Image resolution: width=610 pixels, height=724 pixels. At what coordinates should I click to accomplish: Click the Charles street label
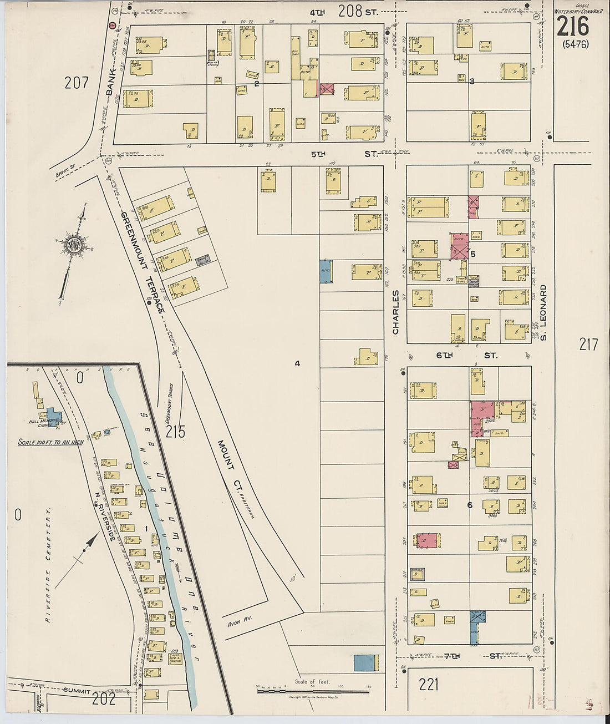[x=396, y=312]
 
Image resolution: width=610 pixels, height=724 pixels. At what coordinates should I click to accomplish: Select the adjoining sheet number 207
[x=77, y=83]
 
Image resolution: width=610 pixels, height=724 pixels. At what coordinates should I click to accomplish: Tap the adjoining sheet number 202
[x=104, y=699]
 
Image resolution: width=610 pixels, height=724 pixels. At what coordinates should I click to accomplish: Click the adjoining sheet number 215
[x=175, y=431]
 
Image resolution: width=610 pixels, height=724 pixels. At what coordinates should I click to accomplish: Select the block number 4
[x=297, y=363]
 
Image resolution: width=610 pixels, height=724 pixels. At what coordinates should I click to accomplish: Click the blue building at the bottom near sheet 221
[x=365, y=662]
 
